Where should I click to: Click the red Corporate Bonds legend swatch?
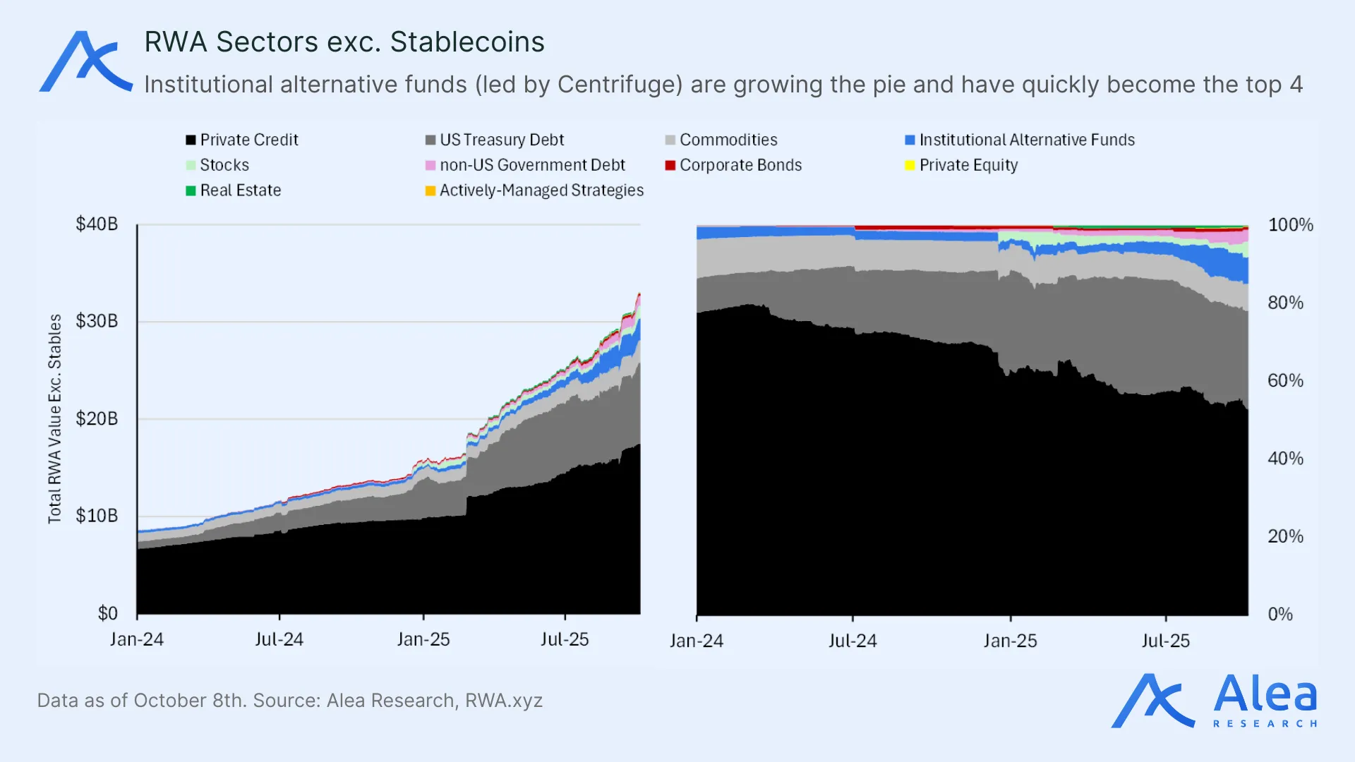coord(670,165)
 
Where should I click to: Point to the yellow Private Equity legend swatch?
coord(910,165)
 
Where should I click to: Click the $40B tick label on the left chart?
coord(97,224)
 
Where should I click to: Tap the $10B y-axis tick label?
coord(97,516)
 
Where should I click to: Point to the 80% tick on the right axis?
coord(1285,303)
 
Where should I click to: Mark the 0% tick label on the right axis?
coord(1280,614)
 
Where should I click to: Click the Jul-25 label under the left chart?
coord(565,639)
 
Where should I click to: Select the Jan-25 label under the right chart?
coord(1010,641)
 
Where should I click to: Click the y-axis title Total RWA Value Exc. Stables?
coord(55,419)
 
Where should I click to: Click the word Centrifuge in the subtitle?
coord(620,85)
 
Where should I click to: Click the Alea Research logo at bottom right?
coord(1214,701)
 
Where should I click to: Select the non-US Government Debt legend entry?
coord(531,165)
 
